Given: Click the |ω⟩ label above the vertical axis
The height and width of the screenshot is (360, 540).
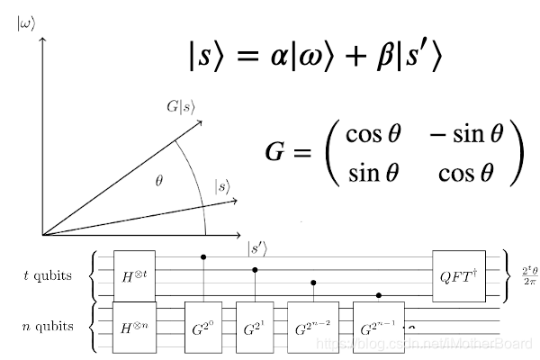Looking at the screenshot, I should click(x=26, y=23).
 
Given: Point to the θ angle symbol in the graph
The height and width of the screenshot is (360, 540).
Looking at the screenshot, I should click(x=159, y=181).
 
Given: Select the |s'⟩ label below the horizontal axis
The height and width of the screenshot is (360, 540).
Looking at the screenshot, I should click(x=257, y=247).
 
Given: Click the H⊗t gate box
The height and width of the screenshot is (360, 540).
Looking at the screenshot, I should click(x=134, y=274).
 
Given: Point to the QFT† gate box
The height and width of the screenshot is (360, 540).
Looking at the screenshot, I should click(x=459, y=274).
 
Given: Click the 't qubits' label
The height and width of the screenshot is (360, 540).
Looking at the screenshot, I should click(x=48, y=274).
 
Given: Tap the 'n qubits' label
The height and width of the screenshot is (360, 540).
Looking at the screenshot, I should click(x=48, y=321).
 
